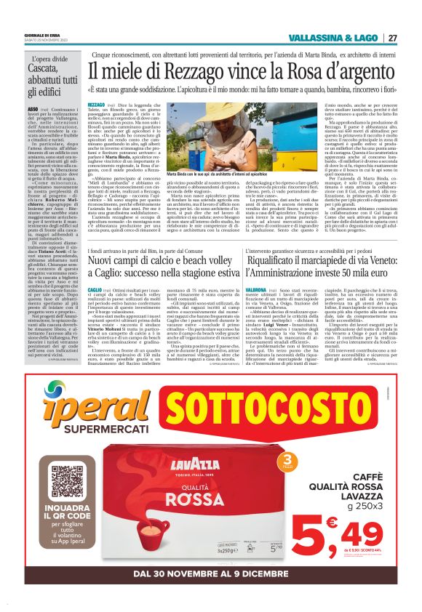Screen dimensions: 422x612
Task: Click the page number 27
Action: (x=392, y=38)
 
